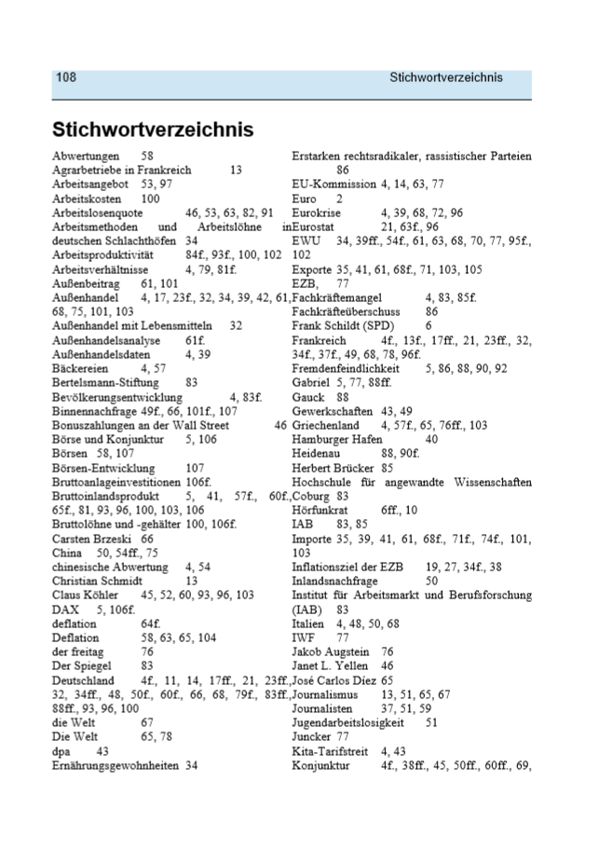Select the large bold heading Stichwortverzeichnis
(153, 128)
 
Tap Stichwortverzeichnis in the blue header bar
(446, 77)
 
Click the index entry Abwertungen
(86, 157)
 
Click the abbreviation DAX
(64, 609)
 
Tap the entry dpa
(61, 750)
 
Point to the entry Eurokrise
(317, 212)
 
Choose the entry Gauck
(308, 397)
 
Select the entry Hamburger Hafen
(336, 439)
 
